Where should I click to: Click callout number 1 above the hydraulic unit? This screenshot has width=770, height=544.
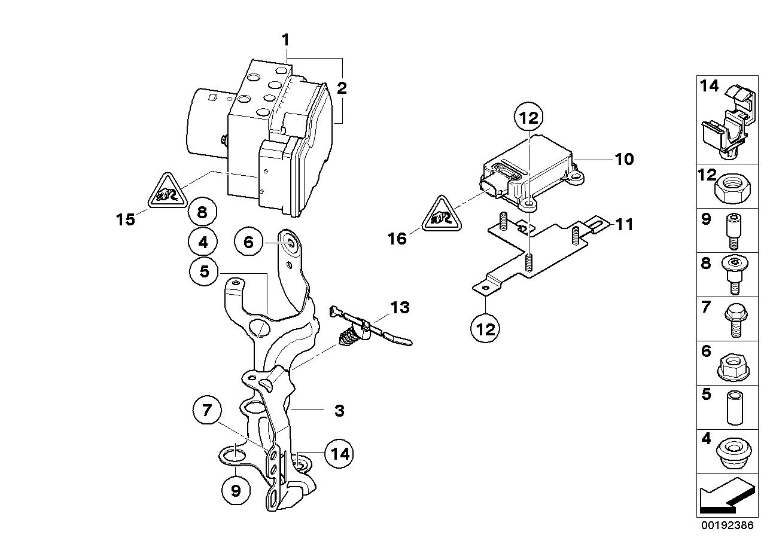click(x=285, y=40)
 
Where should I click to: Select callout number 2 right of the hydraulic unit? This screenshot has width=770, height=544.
click(x=342, y=89)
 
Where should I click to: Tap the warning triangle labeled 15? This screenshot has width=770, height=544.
click(x=165, y=192)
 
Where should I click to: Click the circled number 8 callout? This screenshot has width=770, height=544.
click(x=202, y=212)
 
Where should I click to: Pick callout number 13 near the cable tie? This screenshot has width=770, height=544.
click(x=400, y=308)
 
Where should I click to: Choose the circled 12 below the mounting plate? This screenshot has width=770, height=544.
click(x=486, y=329)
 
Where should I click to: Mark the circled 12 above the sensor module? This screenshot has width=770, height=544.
click(x=529, y=118)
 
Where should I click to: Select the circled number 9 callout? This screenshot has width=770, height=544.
click(x=236, y=491)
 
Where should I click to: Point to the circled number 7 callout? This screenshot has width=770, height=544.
click(x=207, y=410)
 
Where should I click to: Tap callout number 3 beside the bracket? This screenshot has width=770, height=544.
click(x=339, y=411)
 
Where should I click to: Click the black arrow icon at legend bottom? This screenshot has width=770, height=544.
click(x=725, y=497)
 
